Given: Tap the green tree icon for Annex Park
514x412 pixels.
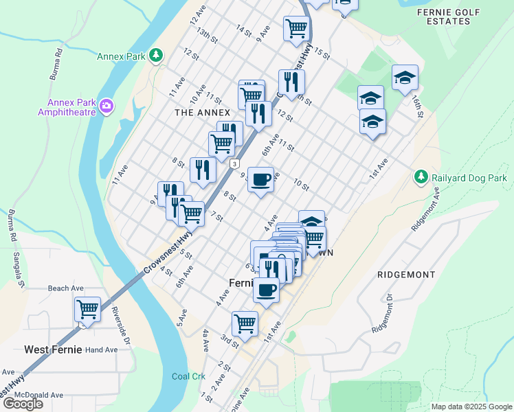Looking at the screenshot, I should tap(157, 54).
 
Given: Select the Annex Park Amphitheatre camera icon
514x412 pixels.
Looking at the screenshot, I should tap(106, 106).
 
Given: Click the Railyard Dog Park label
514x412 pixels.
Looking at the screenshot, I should tap(470, 177).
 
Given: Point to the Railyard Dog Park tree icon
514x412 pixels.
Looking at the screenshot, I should tap(421, 177).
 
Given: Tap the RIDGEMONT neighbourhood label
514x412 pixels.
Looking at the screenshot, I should tap(406, 275).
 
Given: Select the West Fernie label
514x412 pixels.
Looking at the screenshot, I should tap(53, 350).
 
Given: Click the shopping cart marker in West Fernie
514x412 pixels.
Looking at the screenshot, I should tap(88, 310).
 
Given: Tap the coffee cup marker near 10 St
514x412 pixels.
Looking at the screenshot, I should tap(260, 180).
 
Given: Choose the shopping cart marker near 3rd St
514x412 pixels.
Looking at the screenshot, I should tap(245, 322).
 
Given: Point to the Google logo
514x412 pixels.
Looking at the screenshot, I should tap(23, 404).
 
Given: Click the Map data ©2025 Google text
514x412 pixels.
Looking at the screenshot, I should tap(471, 407).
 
